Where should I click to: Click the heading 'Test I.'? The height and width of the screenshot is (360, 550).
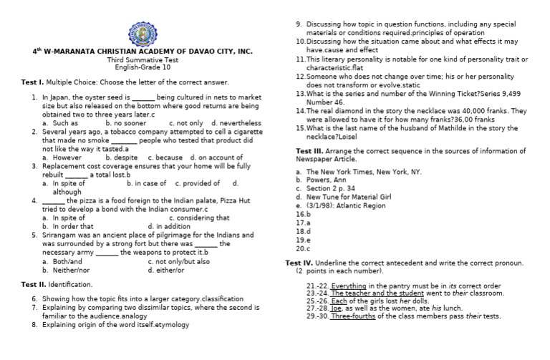(x=33, y=82)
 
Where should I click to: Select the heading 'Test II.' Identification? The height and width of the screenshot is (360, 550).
(x=34, y=284)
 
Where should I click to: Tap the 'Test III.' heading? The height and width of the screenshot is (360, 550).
(x=309, y=151)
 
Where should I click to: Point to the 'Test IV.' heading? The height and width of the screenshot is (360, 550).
(x=299, y=263)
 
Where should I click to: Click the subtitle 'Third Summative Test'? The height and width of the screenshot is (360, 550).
(x=143, y=59)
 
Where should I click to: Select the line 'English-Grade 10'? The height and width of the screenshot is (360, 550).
(x=143, y=67)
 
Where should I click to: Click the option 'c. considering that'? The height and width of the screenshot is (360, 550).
(x=199, y=218)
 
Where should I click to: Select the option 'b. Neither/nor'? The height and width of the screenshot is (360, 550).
(x=66, y=270)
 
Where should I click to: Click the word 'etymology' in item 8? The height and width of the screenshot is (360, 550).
(x=166, y=324)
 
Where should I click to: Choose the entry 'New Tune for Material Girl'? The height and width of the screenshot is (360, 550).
(x=350, y=196)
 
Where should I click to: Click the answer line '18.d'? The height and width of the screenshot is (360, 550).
(x=303, y=231)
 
